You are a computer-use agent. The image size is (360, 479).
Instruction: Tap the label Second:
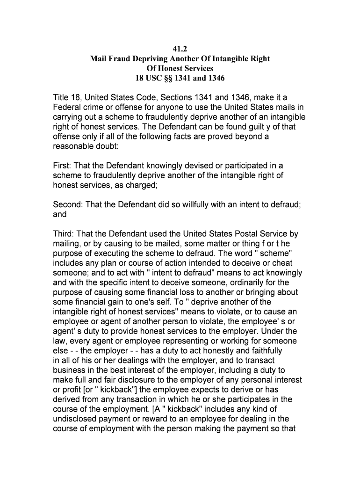pos(68,204)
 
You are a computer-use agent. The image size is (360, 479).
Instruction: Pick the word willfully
pos(192,204)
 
